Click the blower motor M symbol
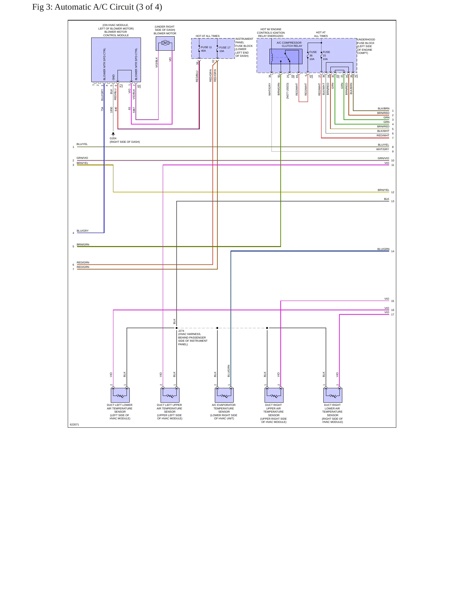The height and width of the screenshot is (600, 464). click(165, 43)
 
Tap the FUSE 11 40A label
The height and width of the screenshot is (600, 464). click(206, 49)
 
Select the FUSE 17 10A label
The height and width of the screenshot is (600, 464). click(225, 49)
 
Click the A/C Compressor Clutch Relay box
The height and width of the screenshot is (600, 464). click(286, 56)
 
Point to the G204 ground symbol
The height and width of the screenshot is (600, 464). click(113, 134)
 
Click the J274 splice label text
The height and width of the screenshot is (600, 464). click(193, 338)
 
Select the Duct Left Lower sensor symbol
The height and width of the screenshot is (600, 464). click(120, 395)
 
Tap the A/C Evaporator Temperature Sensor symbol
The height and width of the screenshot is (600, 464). click(224, 395)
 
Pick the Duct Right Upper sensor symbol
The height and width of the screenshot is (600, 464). click(274, 395)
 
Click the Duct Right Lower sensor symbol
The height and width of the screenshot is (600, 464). click(333, 395)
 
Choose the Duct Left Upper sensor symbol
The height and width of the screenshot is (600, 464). click(170, 395)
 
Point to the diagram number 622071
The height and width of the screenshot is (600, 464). click(74, 424)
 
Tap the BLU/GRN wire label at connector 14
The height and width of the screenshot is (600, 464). click(383, 249)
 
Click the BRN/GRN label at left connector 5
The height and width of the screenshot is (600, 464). click(83, 244)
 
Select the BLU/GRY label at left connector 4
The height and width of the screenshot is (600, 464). click(83, 231)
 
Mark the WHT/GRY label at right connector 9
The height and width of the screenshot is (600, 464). click(383, 149)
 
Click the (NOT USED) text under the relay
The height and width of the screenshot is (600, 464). click(288, 91)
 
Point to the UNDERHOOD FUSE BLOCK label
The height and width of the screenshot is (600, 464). click(366, 46)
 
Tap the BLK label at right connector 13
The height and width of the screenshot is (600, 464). click(387, 199)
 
